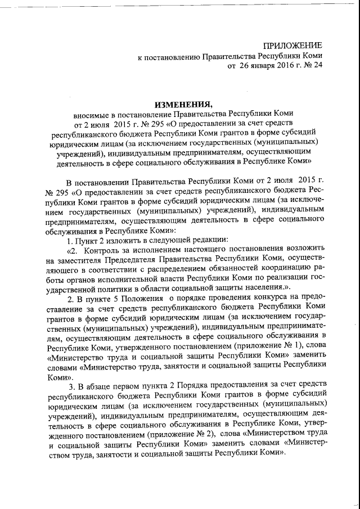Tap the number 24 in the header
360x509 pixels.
point(318,66)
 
